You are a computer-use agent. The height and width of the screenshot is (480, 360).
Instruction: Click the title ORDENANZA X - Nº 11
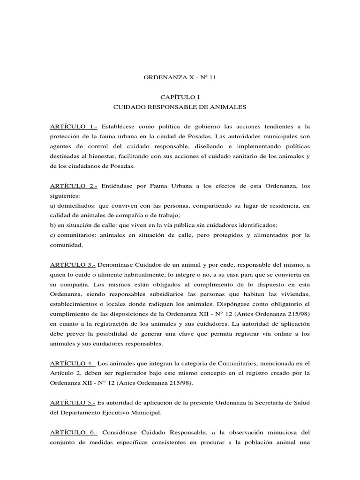[x=180, y=77]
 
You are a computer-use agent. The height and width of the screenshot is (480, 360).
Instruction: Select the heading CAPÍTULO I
[x=180, y=97]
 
